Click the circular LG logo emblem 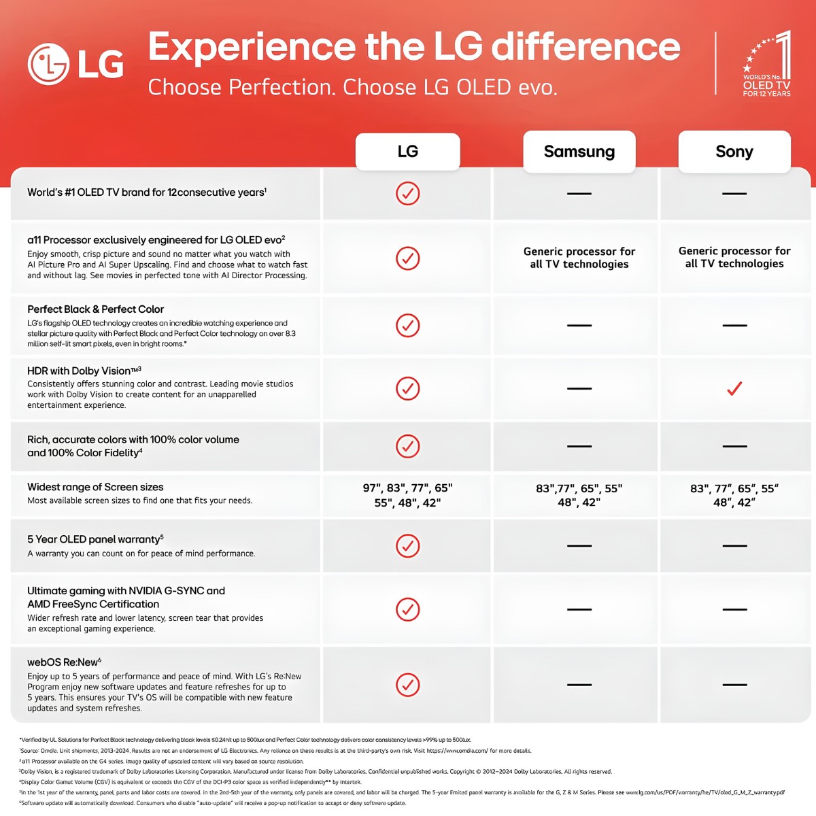pos(48,65)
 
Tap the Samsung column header pos(579,152)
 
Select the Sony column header pos(734,152)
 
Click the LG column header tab pos(407,152)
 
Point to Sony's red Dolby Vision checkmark pos(734,388)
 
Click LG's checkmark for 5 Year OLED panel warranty pos(407,545)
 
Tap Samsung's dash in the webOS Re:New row pos(579,685)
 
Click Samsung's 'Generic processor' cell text pos(579,258)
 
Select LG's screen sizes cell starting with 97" pos(407,495)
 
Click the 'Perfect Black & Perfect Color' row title pos(95,309)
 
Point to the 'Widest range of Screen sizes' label pos(95,487)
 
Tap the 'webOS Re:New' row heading pos(64,662)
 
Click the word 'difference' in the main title pos(585,47)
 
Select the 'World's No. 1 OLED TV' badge pos(766,63)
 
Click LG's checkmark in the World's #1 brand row pos(407,194)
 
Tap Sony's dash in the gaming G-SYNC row pos(734,609)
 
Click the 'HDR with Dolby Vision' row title pos(84,371)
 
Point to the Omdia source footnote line pos(275,750)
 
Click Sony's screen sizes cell pos(734,495)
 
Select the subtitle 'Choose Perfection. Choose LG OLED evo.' pos(352,87)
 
